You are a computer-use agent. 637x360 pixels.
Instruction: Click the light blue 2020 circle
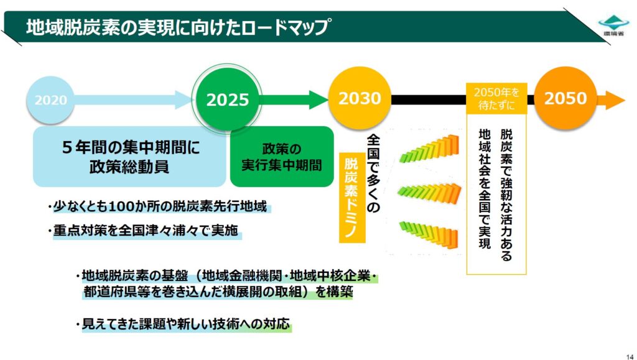coord(51,99)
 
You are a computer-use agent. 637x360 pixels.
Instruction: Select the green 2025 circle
coord(228,99)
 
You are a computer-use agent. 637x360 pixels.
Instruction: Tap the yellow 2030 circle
coord(360,98)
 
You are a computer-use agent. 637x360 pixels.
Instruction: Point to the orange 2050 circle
coord(565,98)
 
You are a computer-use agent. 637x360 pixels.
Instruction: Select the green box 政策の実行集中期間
coord(282,157)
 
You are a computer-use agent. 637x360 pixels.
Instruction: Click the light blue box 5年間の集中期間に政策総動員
coord(129,157)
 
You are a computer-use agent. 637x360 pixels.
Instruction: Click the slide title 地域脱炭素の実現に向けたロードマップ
coord(177,27)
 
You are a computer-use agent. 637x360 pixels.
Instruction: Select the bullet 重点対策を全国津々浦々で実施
coord(144,231)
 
